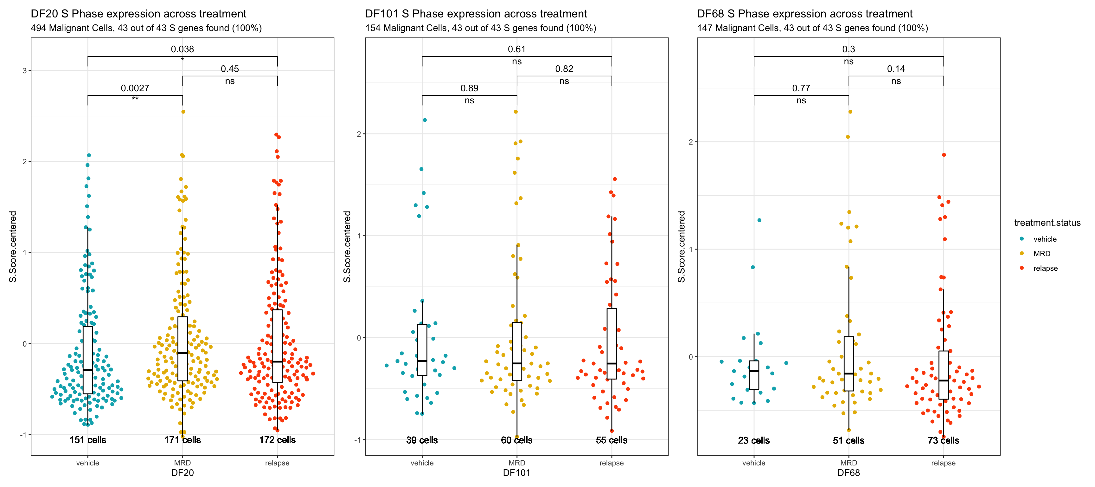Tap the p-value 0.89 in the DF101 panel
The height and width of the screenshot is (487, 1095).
(469, 88)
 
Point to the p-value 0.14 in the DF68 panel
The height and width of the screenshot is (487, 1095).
(896, 68)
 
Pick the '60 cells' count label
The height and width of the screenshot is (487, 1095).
(516, 440)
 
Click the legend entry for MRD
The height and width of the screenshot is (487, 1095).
(1041, 254)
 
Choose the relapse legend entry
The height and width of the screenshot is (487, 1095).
(1045, 268)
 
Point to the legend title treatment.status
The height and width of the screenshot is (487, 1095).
(1047, 223)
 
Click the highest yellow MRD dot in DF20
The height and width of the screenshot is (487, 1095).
(183, 112)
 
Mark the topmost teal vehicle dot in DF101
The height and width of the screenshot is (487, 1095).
(425, 120)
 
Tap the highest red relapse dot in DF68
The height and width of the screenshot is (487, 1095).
(944, 155)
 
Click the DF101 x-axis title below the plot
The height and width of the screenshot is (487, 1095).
(516, 473)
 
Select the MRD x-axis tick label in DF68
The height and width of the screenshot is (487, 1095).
(848, 463)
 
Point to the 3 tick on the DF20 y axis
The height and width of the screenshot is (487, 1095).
(25, 71)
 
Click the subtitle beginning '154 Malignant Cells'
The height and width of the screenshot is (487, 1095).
(480, 28)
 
